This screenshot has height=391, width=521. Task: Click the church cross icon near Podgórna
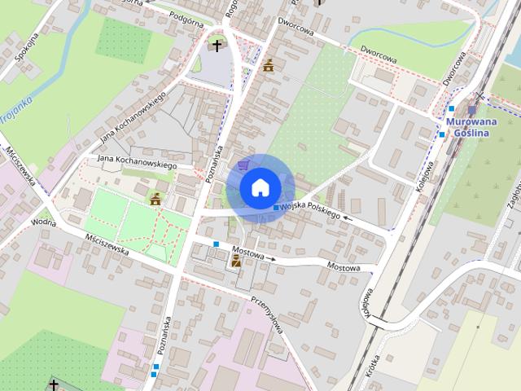pos(217,46)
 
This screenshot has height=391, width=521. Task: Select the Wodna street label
pos(43,221)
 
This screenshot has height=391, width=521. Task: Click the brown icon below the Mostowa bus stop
pos(236,261)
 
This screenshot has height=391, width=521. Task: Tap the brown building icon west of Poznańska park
pos(155,198)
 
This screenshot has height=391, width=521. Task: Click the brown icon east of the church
pos(268,65)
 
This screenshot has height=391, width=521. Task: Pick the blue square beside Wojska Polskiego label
pos(275,210)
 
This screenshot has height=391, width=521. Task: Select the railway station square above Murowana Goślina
pos(471,109)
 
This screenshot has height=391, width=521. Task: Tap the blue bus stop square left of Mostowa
pos(216,244)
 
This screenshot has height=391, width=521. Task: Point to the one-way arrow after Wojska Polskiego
pos(348,217)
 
